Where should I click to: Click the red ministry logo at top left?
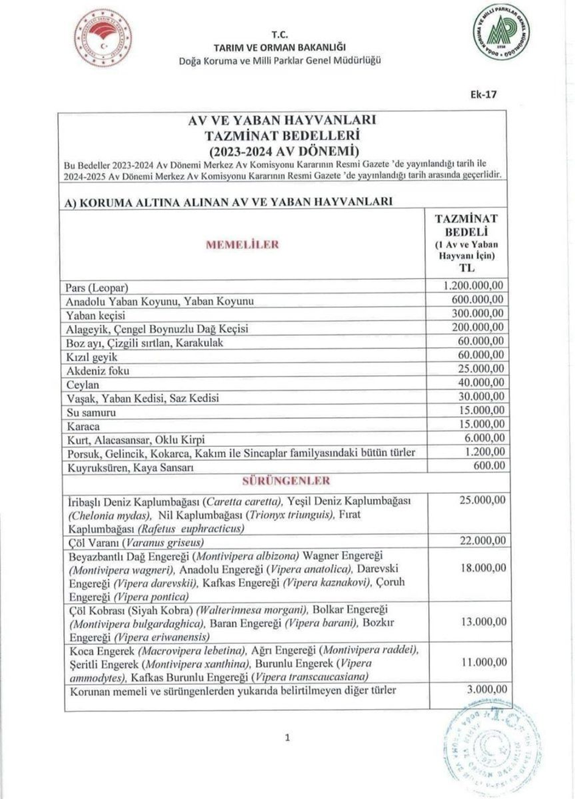pos(103,38)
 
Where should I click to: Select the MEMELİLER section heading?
pos(243,244)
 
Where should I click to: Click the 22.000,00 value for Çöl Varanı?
pos(478,541)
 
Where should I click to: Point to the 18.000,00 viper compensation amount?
pos(478,568)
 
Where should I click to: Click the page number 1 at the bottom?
pos(287,738)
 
